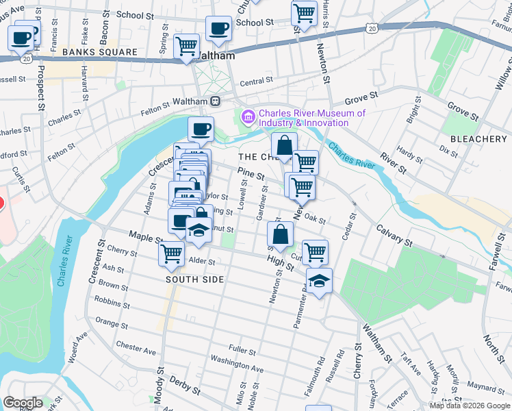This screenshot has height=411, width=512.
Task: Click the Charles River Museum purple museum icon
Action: pos(247,118)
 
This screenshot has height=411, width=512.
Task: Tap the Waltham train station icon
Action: pos(215,101)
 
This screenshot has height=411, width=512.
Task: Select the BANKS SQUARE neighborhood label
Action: pos(92,52)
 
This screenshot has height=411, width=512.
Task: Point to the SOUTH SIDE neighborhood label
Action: pos(195,279)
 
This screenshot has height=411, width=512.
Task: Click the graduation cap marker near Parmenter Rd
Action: pos(319,282)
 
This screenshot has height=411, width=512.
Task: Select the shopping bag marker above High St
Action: pos(281,235)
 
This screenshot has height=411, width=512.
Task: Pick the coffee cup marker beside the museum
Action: pos(201,129)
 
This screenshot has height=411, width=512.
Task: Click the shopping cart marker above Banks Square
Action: pos(186,47)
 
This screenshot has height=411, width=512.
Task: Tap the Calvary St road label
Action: pos(393,235)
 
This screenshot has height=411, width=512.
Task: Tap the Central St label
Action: pos(257,80)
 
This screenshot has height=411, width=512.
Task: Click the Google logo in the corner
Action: pos(23,403)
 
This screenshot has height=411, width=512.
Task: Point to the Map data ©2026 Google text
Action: pos(470,406)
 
